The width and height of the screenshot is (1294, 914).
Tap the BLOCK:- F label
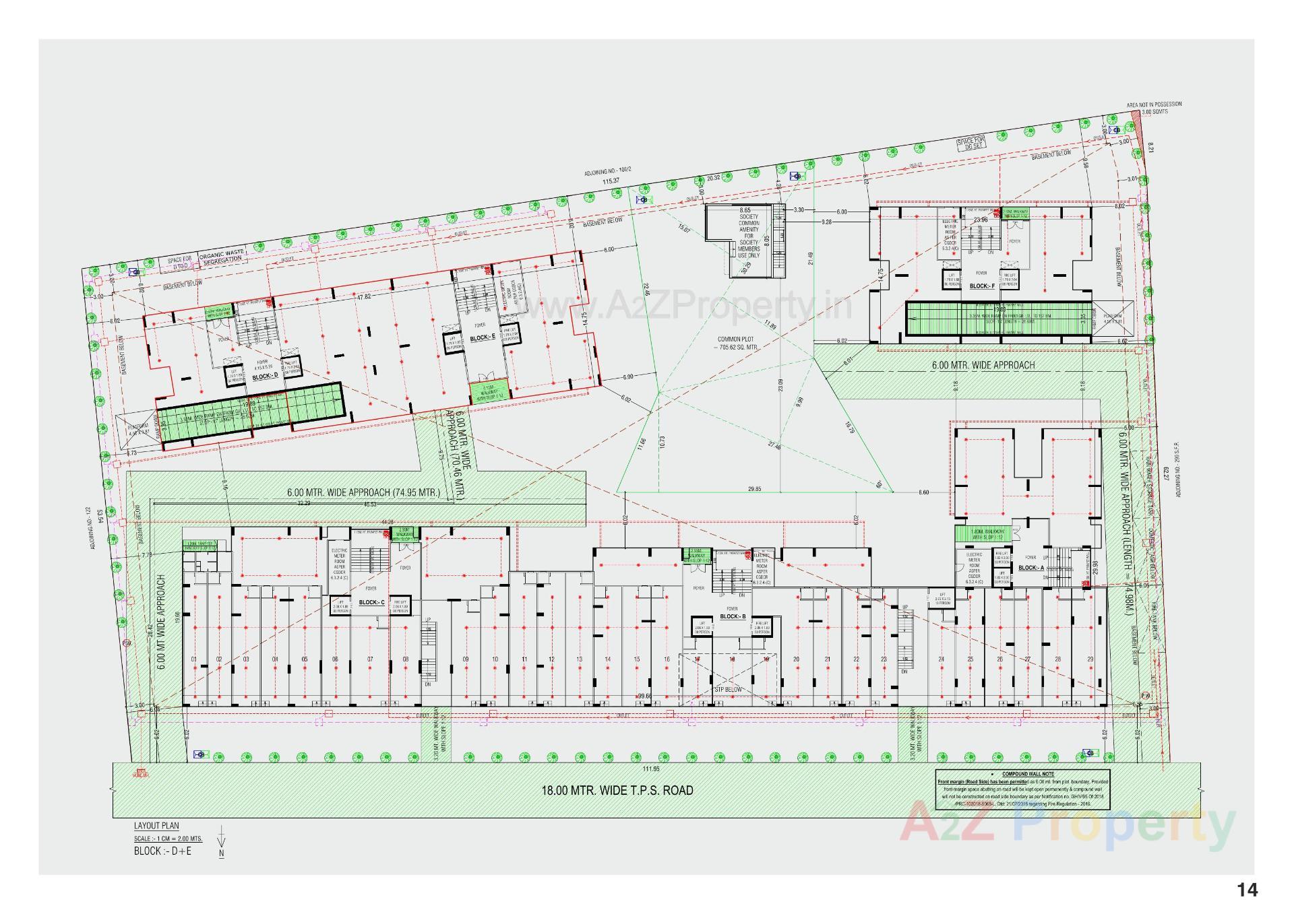982,286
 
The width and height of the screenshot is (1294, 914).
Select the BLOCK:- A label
1030,568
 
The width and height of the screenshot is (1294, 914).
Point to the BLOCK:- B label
733,616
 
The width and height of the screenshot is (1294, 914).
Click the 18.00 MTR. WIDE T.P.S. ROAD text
617,790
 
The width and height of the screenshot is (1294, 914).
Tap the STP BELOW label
728,690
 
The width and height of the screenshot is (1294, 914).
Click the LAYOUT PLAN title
156,826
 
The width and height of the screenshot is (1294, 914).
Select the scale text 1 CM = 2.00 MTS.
168,839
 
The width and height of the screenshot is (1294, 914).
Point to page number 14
1247,890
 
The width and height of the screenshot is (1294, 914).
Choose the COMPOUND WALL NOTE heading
1028,775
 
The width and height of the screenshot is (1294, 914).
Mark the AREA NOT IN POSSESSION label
1154,104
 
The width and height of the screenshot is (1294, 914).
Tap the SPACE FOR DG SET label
970,142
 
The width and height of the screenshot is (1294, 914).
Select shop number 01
193,659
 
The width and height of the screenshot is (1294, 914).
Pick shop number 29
1090,659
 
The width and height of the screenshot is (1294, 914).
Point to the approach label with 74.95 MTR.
363,492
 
